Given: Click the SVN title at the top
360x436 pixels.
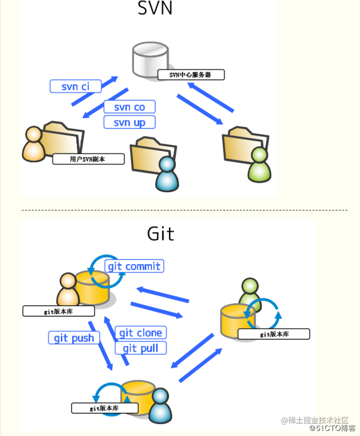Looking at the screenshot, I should coord(155,9).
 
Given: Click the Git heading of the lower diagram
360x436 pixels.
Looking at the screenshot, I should coord(160,234).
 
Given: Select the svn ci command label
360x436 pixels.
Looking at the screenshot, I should coord(75,86).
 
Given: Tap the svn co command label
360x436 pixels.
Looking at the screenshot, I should coord(129,107).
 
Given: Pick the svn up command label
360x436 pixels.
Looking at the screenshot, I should coord(129,123).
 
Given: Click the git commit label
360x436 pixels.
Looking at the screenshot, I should coord(134,266).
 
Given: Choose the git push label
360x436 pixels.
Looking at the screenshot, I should coord(74,338).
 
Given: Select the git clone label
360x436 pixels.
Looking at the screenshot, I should coord(141,333).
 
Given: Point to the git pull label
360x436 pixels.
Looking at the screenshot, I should coord(141,349).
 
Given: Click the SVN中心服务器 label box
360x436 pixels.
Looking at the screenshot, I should coord(191,75).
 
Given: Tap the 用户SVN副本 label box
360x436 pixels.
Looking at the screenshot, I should coord(88,159).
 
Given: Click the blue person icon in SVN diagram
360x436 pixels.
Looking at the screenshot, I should coord(167,174).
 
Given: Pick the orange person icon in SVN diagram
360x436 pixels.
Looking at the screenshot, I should coord(34,144).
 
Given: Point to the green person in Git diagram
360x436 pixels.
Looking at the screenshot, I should coord(250,293).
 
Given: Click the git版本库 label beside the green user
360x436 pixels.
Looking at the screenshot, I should coord(274,334).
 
